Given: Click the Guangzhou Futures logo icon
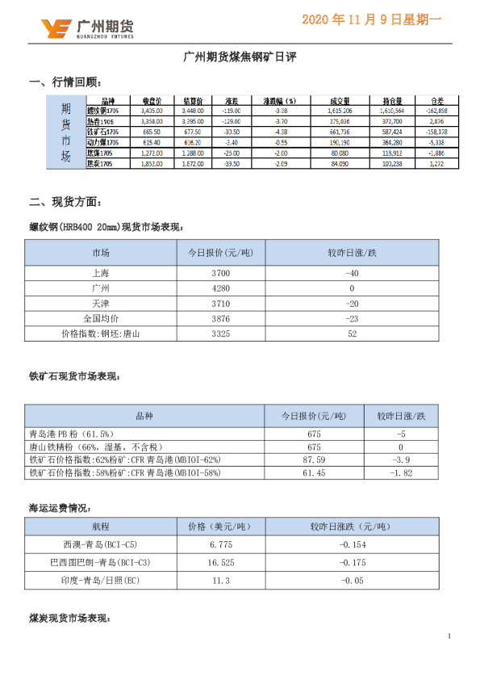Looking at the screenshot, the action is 56,29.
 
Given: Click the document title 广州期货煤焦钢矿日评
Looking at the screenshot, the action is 240,58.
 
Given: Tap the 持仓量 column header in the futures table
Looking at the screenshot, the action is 391,102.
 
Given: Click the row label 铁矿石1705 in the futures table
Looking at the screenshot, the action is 102,132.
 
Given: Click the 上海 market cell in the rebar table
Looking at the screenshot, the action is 101,275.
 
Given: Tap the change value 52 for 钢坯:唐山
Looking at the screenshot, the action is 352,333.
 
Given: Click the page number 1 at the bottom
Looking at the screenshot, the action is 449,637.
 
